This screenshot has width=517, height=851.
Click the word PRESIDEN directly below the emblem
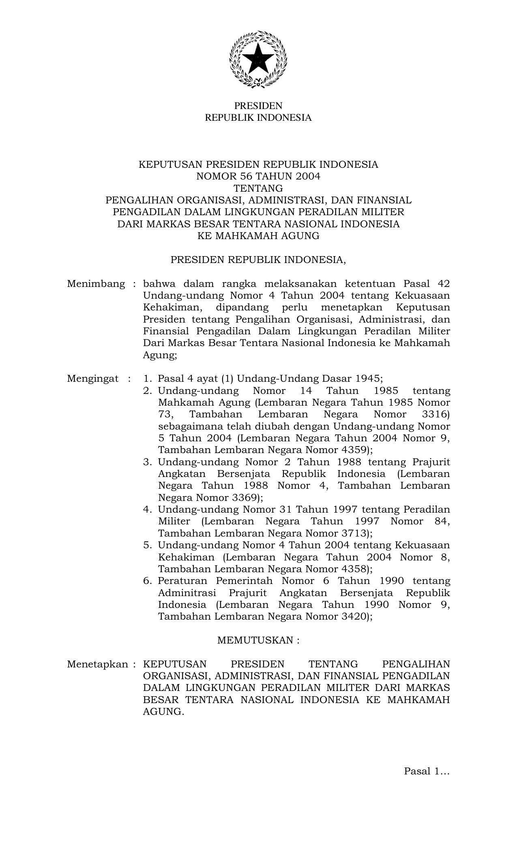point(258,106)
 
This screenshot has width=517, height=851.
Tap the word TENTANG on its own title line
point(258,188)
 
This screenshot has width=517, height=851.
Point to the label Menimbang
point(96,284)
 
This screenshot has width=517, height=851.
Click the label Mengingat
point(93,379)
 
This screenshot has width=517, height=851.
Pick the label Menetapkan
point(98,664)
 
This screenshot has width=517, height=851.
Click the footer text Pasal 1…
point(427,771)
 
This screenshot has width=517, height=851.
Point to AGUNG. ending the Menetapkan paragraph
point(163,712)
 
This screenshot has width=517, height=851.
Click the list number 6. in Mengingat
point(148,581)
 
